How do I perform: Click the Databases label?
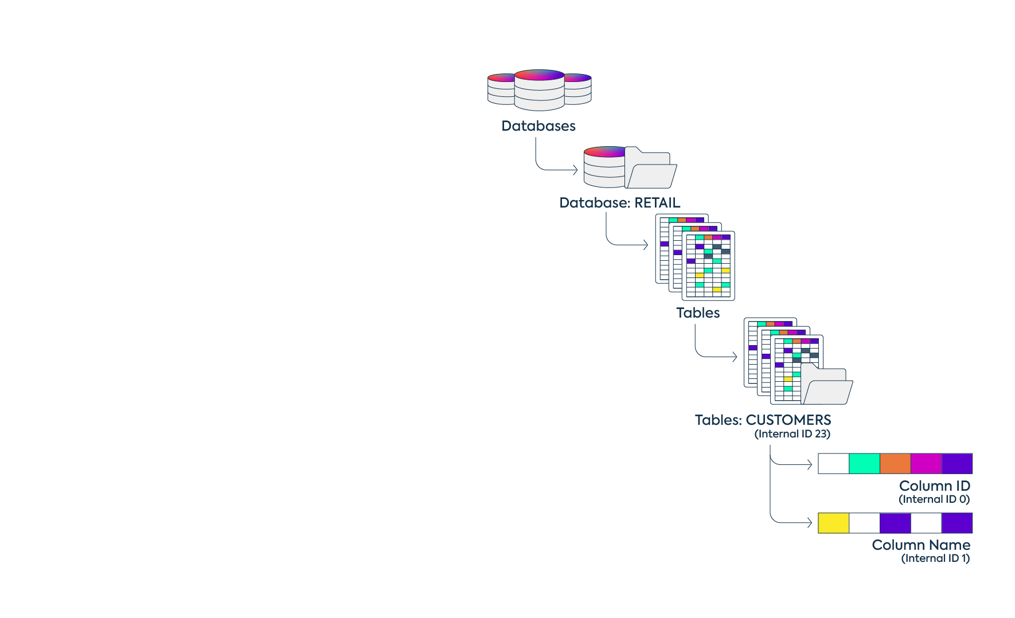click(x=538, y=126)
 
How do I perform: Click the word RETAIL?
click(x=657, y=203)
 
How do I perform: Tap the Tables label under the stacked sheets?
click(x=697, y=313)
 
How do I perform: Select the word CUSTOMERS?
click(x=788, y=420)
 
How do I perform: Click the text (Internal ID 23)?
click(x=792, y=434)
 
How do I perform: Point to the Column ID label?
click(x=934, y=486)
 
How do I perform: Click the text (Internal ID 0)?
click(x=934, y=499)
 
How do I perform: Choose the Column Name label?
click(x=920, y=545)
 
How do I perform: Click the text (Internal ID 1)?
click(x=935, y=558)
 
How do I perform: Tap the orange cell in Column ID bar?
click(x=895, y=463)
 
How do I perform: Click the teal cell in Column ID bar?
click(x=864, y=463)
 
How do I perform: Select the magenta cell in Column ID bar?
click(x=926, y=463)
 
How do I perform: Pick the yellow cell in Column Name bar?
click(x=833, y=523)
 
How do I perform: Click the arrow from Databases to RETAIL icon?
click(x=551, y=169)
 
